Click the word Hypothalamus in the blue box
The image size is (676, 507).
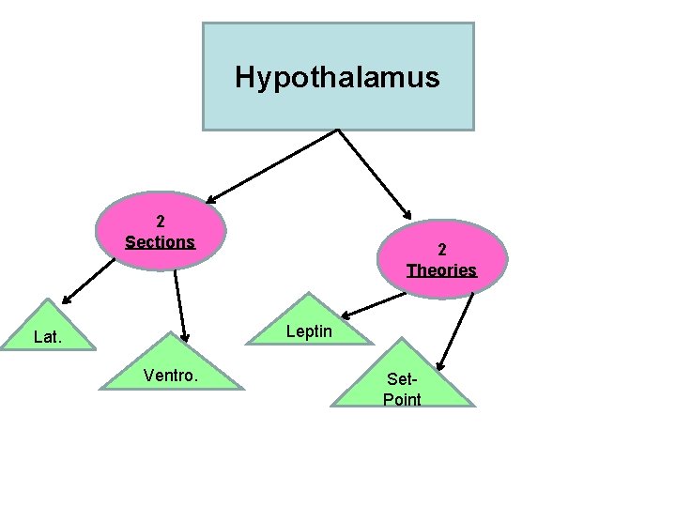(x=337, y=77)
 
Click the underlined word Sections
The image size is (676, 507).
(x=160, y=242)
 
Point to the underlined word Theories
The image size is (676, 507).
(x=441, y=270)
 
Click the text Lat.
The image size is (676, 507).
(x=46, y=335)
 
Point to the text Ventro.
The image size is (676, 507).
(x=170, y=376)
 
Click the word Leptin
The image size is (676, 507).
(x=308, y=331)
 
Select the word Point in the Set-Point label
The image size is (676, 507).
(x=402, y=400)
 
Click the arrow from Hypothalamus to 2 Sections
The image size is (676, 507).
(x=272, y=165)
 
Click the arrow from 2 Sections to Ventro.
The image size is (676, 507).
(x=180, y=306)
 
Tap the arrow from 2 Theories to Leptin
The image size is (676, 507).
(x=376, y=303)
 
